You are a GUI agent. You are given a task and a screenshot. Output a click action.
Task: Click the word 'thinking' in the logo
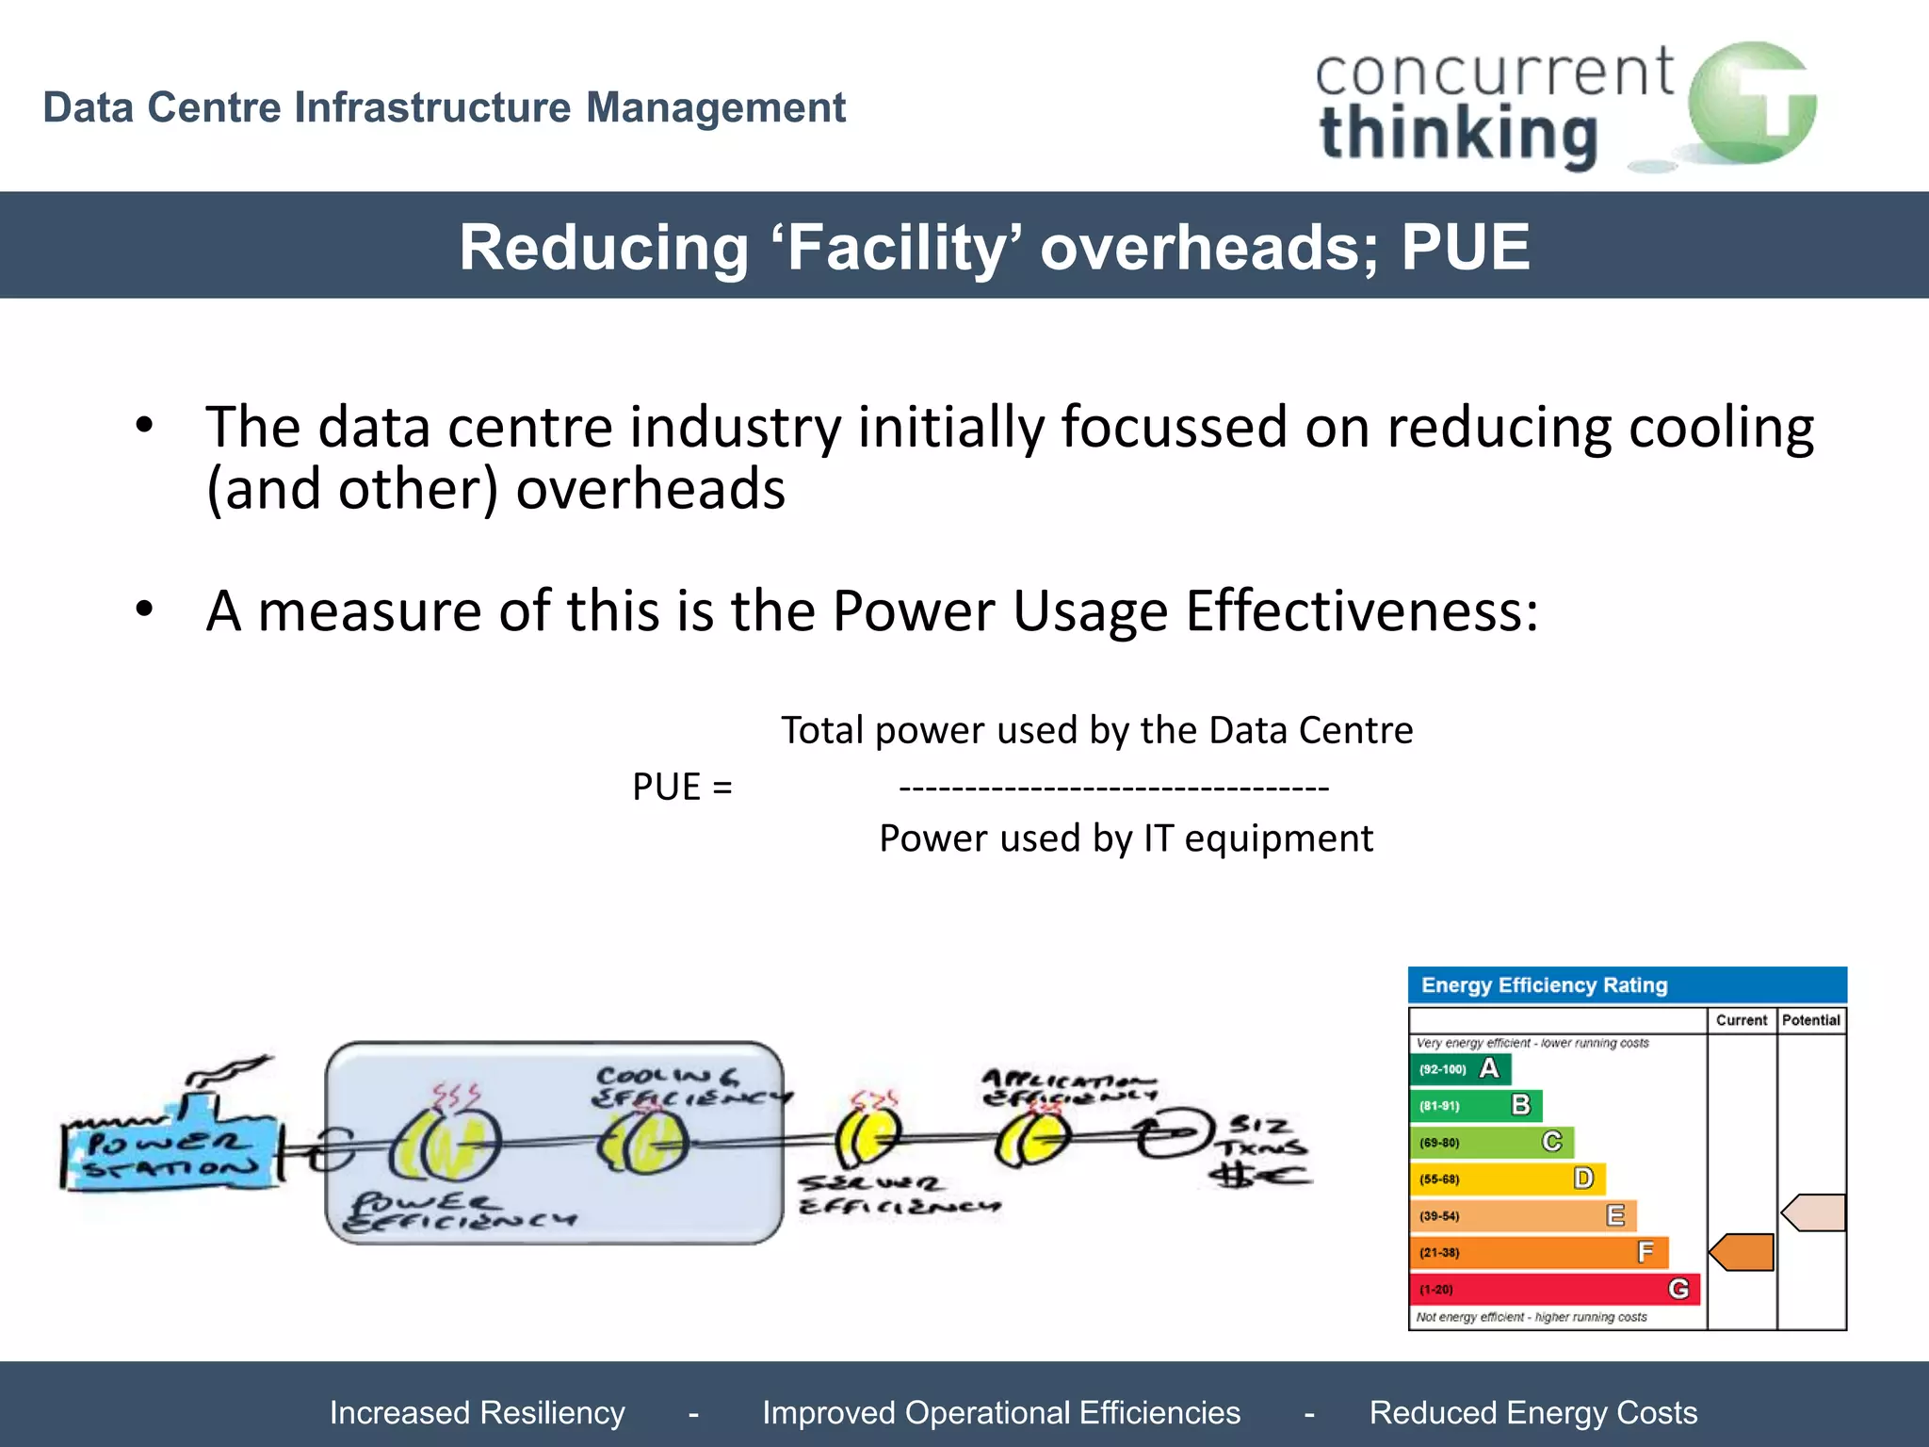[1458, 135]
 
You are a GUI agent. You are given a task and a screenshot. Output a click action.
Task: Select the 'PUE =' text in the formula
[682, 787]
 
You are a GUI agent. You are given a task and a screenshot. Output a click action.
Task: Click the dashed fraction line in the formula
[1113, 788]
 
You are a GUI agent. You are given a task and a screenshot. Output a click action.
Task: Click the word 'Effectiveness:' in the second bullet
[1362, 610]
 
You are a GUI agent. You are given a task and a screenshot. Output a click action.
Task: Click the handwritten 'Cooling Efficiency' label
[691, 1086]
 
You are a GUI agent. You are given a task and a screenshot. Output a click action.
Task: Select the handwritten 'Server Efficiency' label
[898, 1195]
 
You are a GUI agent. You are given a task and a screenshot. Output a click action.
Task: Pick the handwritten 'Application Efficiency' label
[1069, 1086]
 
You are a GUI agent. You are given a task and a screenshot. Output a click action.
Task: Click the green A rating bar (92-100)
[1461, 1069]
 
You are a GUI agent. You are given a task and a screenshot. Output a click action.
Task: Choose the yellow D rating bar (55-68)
[1507, 1179]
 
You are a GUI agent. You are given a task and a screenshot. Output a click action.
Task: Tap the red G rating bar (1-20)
[1554, 1289]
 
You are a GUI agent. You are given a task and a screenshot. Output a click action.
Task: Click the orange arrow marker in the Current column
[1743, 1252]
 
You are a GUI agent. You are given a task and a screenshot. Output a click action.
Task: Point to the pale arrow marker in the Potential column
[1813, 1212]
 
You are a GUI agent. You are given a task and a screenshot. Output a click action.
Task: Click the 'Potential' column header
[1810, 1020]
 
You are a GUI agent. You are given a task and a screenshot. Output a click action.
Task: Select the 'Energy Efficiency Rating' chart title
[1544, 985]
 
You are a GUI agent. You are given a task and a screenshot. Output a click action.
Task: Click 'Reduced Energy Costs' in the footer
[1532, 1412]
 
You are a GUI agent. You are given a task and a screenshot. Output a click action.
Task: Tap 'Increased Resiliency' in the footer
[477, 1412]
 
